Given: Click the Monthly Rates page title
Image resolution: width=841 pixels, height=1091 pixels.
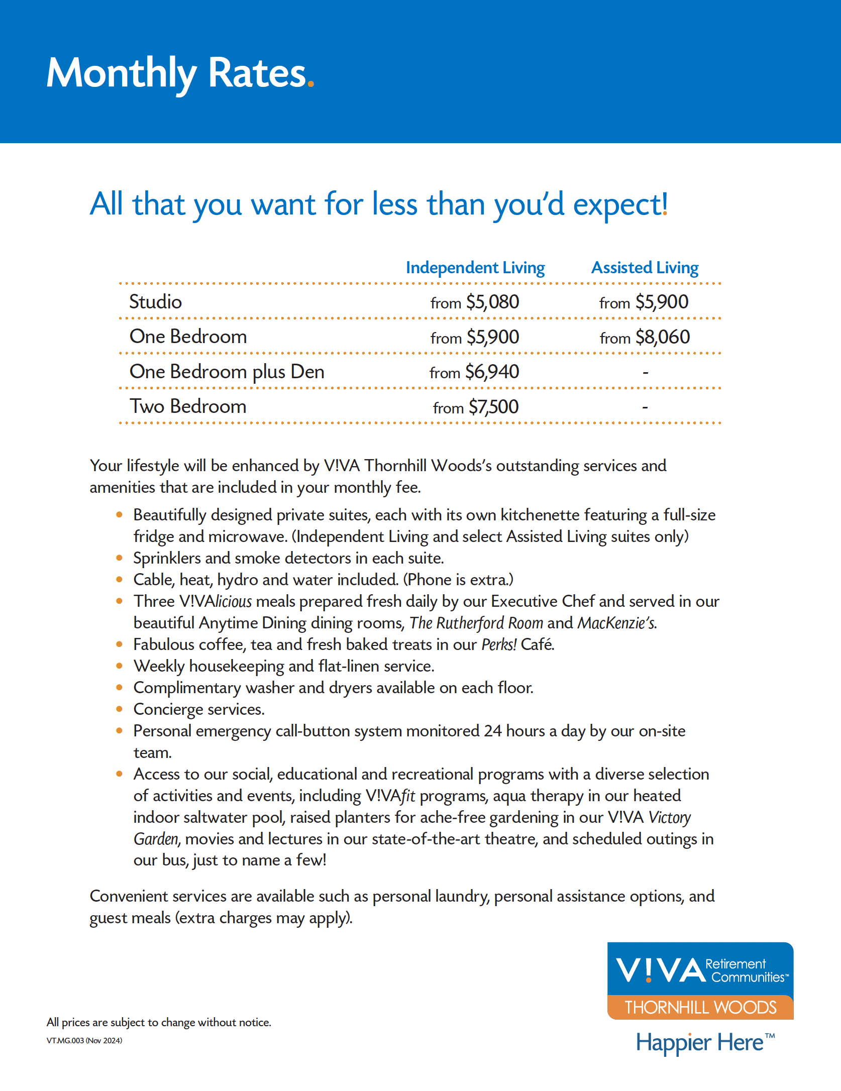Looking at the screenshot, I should coord(180,73).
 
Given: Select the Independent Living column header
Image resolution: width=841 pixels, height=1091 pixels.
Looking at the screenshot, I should coord(475,268).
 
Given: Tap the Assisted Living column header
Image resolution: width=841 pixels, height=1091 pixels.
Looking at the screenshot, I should coord(645,268).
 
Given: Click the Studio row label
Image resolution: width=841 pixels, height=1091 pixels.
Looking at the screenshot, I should coord(155,302).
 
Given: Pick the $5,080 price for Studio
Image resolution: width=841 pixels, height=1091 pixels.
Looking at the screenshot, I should coord(492,302).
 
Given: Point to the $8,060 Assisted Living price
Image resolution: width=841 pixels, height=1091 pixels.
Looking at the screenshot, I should coord(662,337).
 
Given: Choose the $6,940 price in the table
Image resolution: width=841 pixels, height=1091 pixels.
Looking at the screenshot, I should coord(492,372).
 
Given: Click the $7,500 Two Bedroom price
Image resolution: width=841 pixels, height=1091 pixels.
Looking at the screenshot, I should coord(493,407).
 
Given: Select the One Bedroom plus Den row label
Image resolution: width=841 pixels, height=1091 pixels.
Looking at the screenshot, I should coord(227,372).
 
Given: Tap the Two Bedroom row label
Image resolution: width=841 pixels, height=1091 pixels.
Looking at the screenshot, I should coord(188,407).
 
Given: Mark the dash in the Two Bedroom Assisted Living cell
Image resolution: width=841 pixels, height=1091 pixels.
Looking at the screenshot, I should coord(645,407).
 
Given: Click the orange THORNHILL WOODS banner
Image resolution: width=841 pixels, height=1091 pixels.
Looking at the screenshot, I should coord(700,1007).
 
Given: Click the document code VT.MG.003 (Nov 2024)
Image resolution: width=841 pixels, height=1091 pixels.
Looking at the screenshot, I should coord(84,1041).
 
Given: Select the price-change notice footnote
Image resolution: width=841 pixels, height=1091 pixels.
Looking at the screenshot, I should coord(159,1022).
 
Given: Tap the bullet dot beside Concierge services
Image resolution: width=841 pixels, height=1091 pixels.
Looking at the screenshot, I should coord(119,709).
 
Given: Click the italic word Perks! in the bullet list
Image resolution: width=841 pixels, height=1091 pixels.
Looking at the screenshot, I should coord(499,644).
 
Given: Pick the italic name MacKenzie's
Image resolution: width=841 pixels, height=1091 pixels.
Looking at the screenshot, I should coord(616,623).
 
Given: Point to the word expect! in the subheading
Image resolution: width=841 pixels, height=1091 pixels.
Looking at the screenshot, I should coord(620,204).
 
